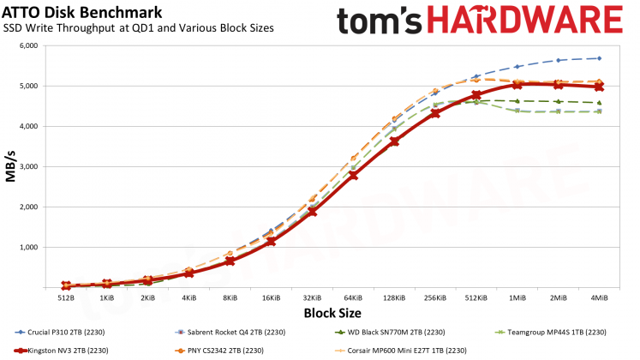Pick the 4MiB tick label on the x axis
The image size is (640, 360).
coord(599,299)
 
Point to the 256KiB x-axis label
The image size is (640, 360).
coord(435,299)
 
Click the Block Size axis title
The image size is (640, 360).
coord(332,314)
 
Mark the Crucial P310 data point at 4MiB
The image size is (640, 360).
coord(599,58)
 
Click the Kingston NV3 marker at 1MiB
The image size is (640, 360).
coord(517,85)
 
